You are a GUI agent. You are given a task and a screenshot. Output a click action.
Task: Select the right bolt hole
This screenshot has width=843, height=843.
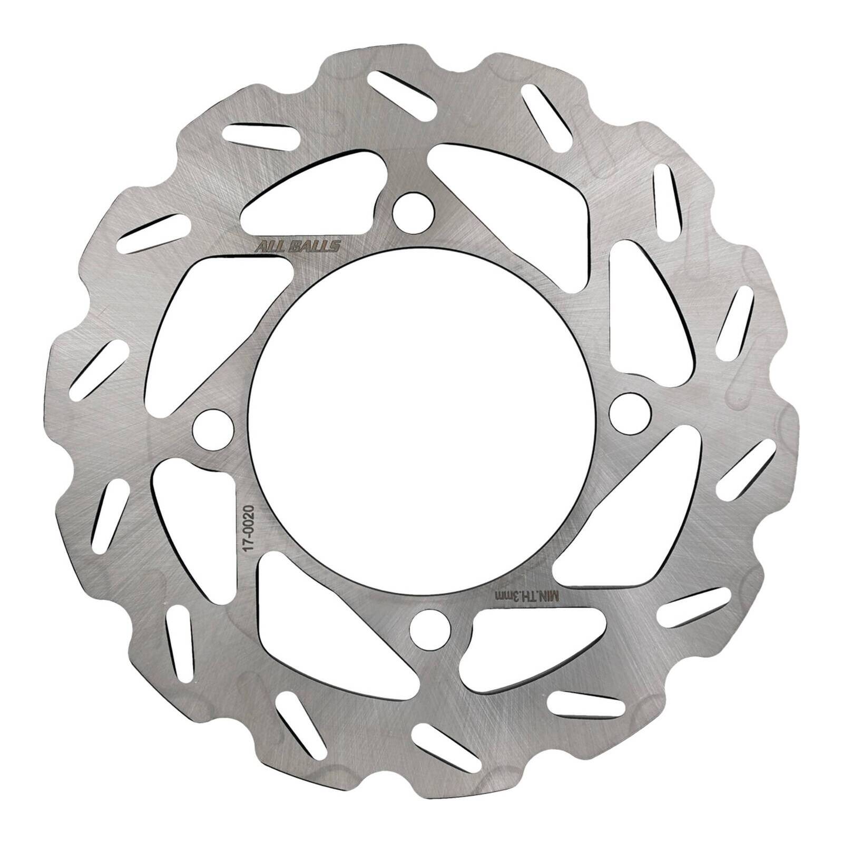630,411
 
